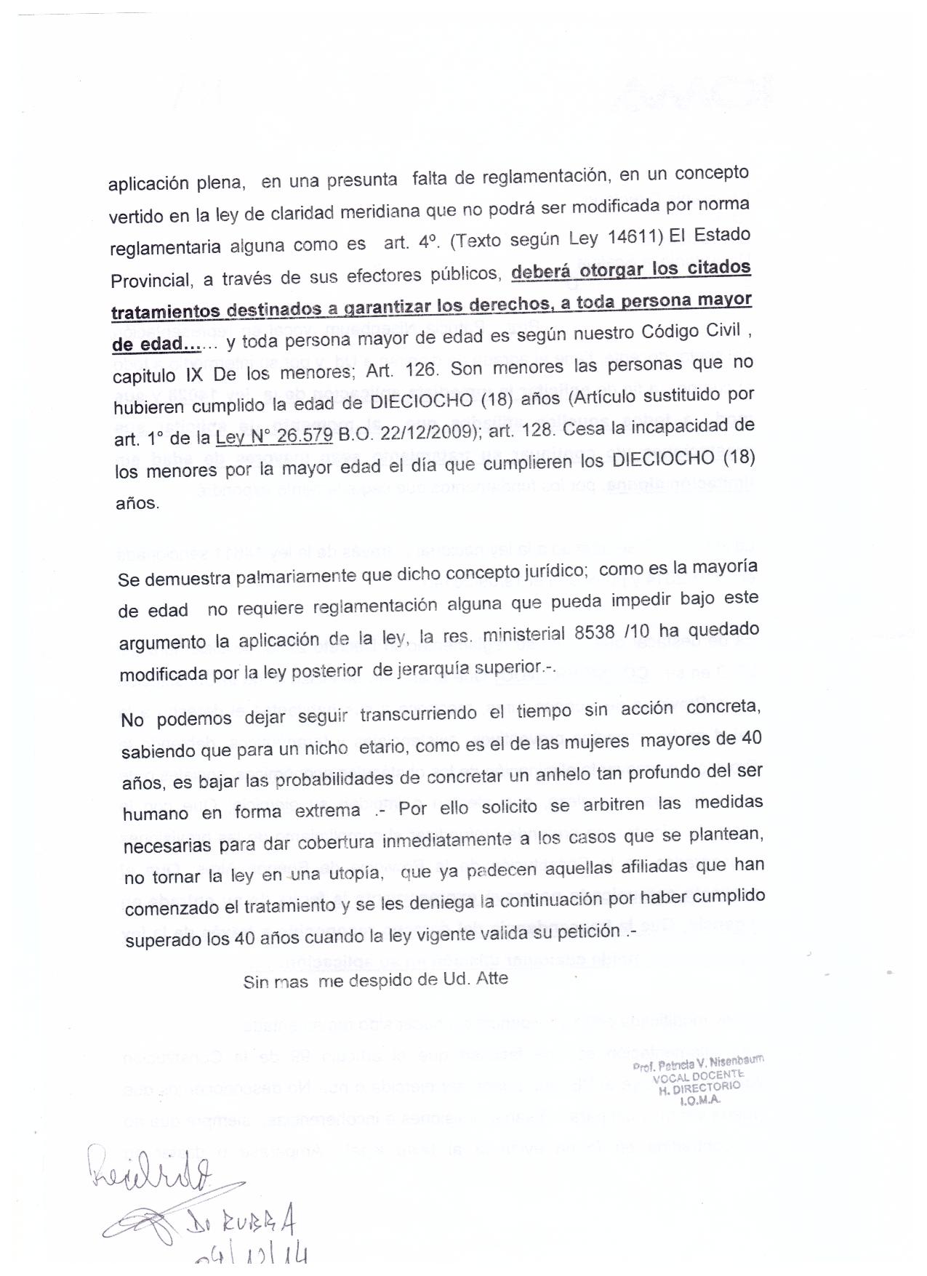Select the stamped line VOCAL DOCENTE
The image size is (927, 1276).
699,1076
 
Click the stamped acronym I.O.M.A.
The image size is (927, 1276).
699,1100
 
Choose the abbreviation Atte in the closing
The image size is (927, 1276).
491,978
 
